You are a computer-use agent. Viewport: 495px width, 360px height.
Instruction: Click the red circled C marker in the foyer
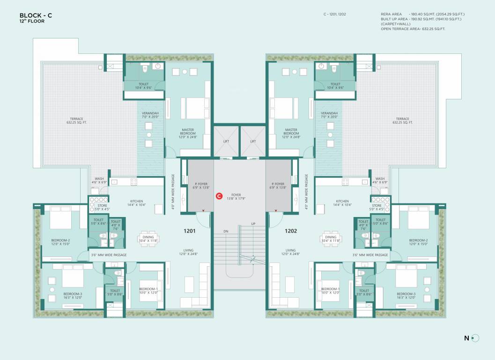218,196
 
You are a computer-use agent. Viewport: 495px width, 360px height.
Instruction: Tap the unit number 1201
189,231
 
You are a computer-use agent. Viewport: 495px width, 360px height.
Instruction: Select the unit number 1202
291,231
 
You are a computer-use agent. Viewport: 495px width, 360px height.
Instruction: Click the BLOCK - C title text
36,15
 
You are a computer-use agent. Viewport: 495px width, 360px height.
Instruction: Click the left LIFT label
227,141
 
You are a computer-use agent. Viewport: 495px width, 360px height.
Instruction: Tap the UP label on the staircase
253,224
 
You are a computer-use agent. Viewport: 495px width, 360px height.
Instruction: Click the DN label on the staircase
226,232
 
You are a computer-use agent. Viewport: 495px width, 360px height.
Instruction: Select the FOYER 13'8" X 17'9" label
236,196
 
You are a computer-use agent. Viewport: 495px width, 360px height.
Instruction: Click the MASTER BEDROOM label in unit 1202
291,132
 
